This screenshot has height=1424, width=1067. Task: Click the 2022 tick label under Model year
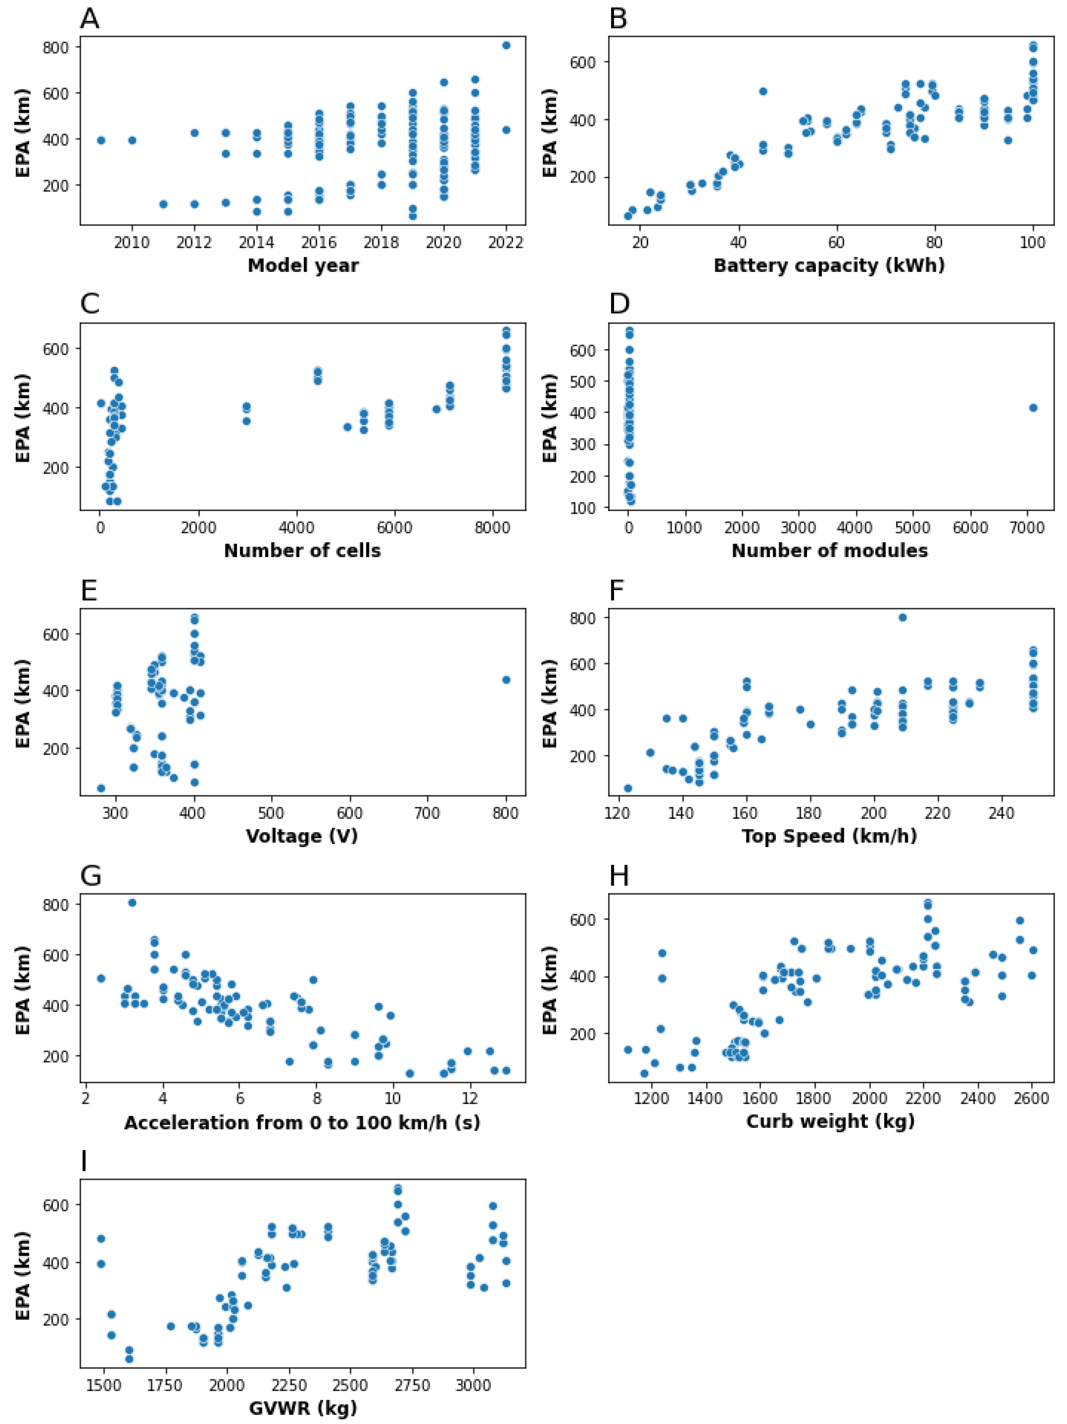click(x=506, y=243)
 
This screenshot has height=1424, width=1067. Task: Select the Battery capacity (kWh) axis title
click(x=829, y=265)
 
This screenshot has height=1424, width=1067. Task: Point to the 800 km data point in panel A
click(x=506, y=45)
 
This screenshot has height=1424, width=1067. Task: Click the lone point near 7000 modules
click(x=1033, y=407)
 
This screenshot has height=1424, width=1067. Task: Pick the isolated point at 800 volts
click(x=506, y=680)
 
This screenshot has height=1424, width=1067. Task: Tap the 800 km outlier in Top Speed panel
click(x=902, y=617)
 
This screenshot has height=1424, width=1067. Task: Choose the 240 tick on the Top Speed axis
click(x=1001, y=813)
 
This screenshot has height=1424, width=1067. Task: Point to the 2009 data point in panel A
click(x=100, y=140)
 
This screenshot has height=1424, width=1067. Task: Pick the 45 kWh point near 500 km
click(x=763, y=91)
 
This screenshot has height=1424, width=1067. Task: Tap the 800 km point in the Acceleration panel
click(x=132, y=903)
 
